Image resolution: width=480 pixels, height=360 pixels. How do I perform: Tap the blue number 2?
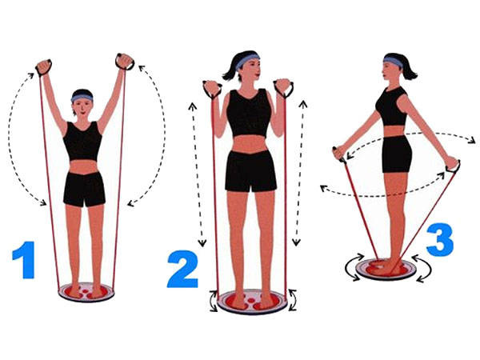pos(182,268)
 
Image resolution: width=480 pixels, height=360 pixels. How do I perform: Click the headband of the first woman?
pos(82,98)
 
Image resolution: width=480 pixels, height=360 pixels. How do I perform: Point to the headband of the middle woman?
pos(248,58)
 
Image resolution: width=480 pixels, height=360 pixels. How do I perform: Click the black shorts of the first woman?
pos(84,189)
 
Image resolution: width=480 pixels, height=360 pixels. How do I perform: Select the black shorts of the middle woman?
pos(250,170)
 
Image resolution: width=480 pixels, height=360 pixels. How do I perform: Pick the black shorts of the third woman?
pos(396,154)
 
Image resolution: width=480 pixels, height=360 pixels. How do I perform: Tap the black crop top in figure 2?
pos(250,114)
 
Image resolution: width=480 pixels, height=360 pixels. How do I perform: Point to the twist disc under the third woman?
pos(386,268)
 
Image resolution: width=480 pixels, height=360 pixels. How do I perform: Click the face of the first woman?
pos(82,107)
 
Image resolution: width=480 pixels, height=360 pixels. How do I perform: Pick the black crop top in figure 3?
pos(393,106)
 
